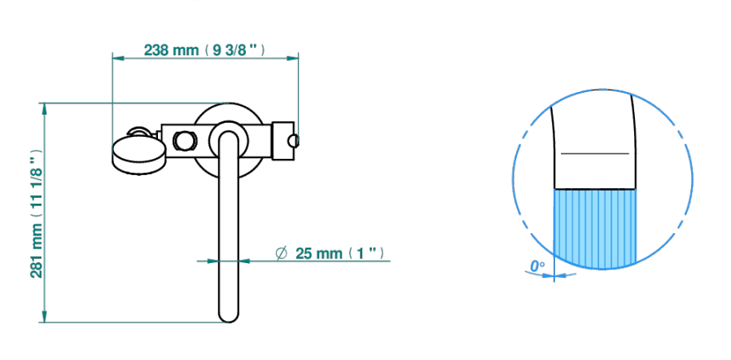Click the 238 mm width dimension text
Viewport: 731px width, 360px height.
pyautogui.click(x=204, y=50)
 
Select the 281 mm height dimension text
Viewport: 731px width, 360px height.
pyautogui.click(x=37, y=213)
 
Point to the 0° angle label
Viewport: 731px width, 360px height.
pyautogui.click(x=537, y=266)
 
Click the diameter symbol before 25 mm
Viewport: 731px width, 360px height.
pyautogui.click(x=281, y=253)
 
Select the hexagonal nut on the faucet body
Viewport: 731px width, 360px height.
pyautogui.click(x=184, y=141)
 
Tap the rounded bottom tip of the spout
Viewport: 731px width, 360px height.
pyautogui.click(x=229, y=317)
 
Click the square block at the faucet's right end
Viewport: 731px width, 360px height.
pyautogui.click(x=283, y=141)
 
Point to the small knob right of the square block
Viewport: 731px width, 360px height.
pyautogui.click(x=294, y=140)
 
